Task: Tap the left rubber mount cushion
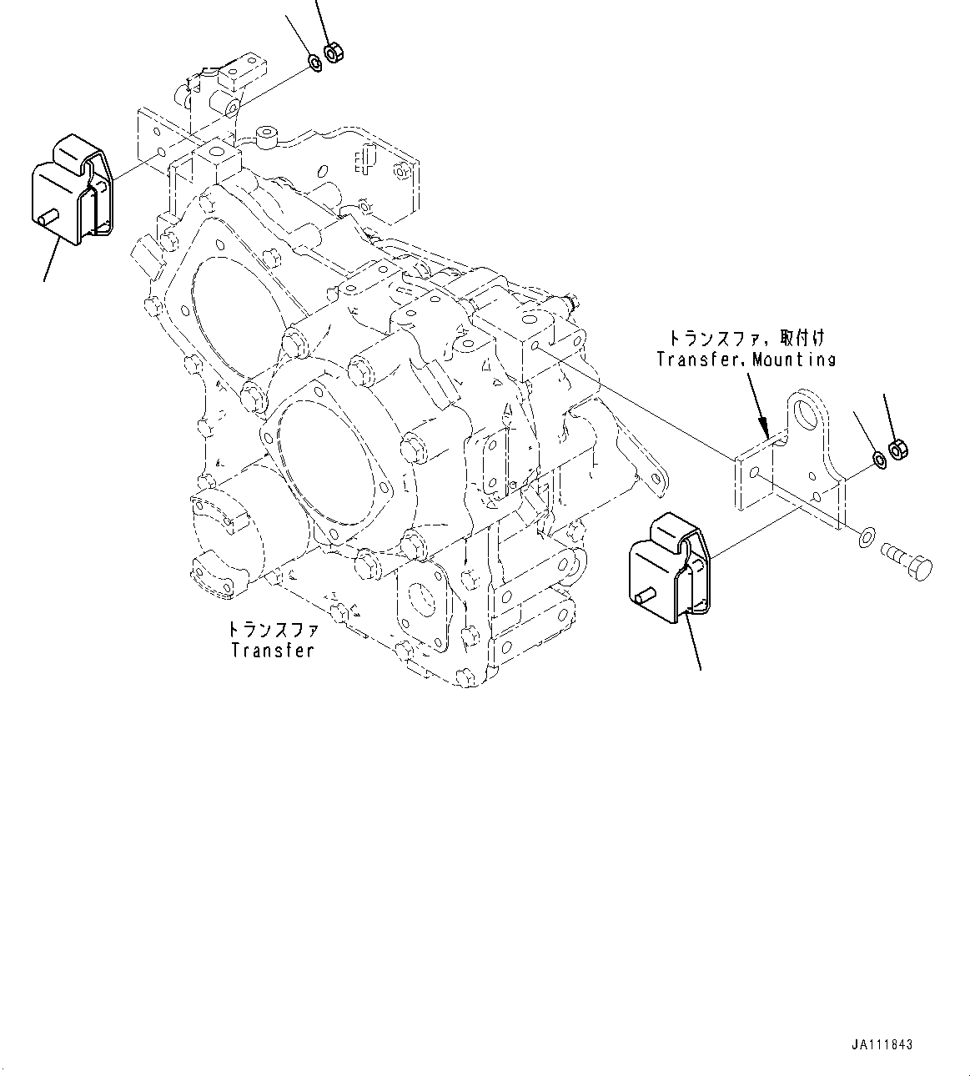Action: [x=72, y=190]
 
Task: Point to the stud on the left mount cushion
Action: [x=45, y=217]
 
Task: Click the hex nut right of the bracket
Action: [x=898, y=450]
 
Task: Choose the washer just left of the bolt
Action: [x=867, y=537]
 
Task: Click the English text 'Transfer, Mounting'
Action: [x=746, y=360]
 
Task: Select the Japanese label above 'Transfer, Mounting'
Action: [x=746, y=339]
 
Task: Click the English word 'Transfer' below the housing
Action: [x=273, y=650]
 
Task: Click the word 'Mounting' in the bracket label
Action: [x=793, y=360]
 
